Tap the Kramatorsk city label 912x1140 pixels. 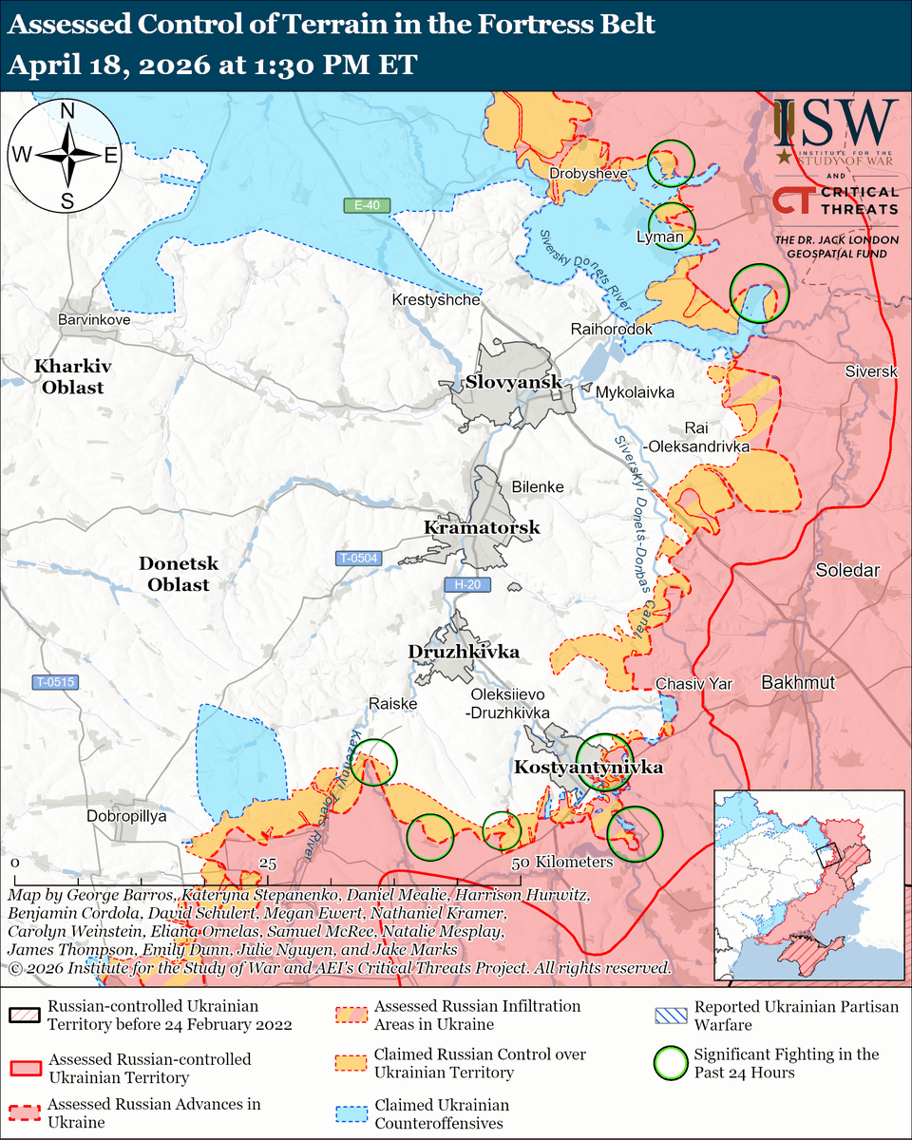point(482,527)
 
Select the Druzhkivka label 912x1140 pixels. point(464,652)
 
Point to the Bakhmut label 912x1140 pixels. point(798,682)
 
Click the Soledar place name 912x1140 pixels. point(847,570)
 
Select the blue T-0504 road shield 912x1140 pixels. point(357,559)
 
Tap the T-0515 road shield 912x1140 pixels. point(56,682)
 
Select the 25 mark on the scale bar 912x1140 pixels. point(267,863)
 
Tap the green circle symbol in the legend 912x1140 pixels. point(673,1062)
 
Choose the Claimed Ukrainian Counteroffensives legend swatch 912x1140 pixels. point(352,1113)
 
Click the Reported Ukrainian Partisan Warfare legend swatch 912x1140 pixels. point(673,1015)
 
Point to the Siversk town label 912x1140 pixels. point(870,371)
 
